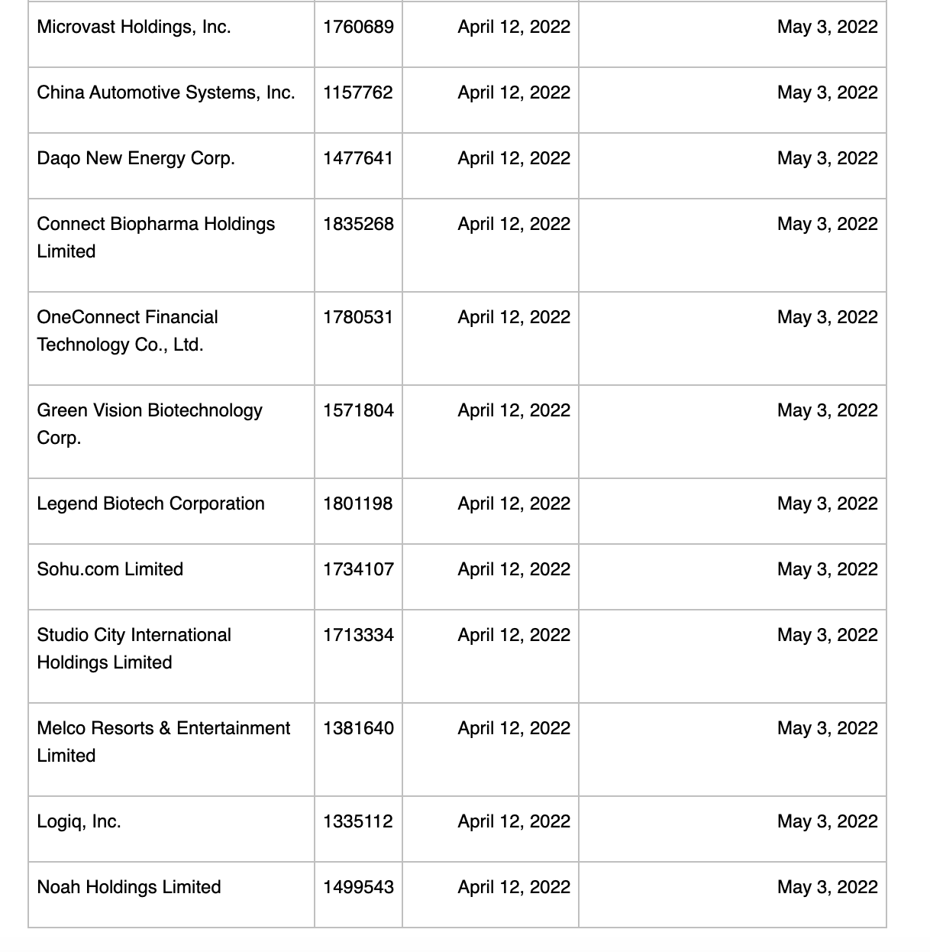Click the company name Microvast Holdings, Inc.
pos(134,28)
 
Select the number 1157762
pos(357,93)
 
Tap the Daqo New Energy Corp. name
pos(136,159)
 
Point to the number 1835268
pos(358,225)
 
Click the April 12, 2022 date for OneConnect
pos(514,318)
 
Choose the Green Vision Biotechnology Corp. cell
pos(150,424)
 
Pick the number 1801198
pos(357,504)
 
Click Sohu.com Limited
pos(110,570)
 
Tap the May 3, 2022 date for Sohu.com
pos(827,570)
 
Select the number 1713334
pos(358,636)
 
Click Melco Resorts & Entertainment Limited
pos(163,742)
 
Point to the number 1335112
pos(357,822)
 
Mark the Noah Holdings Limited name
pos(129,888)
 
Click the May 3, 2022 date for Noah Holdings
pos(827,888)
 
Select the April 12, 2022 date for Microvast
pos(514,28)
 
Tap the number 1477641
pos(357,159)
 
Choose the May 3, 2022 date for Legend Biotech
pos(827,504)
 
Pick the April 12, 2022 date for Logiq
pos(514,822)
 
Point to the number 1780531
pos(357,318)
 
